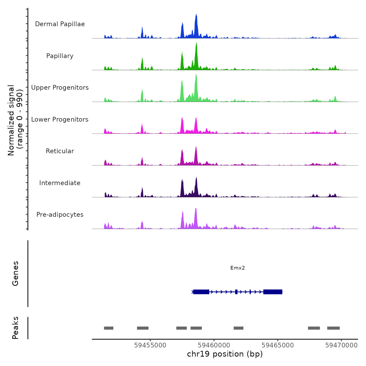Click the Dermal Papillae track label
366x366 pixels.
(60, 24)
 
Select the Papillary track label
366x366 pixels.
(60, 56)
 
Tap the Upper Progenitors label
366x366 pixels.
(60, 88)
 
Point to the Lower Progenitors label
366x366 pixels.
(60, 119)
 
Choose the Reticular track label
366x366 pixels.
(60, 151)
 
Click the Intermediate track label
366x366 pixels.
(60, 183)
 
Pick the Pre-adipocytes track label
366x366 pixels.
(60, 215)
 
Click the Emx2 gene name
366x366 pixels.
(237, 268)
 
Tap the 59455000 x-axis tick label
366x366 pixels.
(150, 345)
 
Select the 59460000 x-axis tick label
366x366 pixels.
(214, 345)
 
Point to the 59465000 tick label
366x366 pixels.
(278, 345)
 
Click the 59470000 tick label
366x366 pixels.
(341, 345)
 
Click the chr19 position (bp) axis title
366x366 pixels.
(225, 354)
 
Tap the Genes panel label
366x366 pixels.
(15, 273)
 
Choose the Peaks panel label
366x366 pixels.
(15, 328)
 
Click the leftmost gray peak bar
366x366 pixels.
(108, 328)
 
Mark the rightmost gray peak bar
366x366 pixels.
(333, 328)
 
